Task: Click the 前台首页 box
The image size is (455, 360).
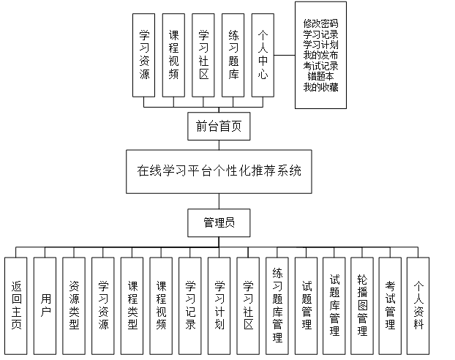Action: [219, 127]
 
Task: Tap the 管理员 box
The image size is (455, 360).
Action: [218, 221]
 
